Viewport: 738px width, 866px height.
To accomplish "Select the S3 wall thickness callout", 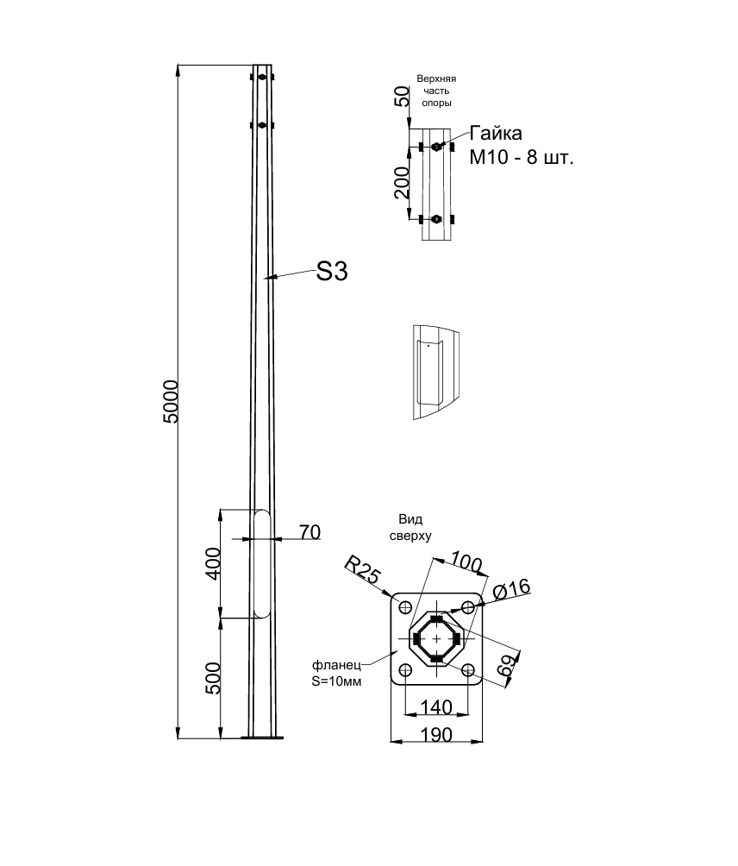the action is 332,272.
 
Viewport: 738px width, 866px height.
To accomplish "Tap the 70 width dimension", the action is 310,532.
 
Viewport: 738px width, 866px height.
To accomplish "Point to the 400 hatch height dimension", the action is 212,563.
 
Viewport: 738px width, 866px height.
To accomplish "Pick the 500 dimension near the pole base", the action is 212,678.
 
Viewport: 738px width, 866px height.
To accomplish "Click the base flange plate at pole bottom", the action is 262,737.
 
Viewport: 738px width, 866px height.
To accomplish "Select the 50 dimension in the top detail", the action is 403,96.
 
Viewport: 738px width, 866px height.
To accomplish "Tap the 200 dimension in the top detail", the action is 402,182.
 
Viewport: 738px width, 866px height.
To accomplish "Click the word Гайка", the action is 496,133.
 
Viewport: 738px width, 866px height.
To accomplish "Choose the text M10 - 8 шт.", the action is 522,158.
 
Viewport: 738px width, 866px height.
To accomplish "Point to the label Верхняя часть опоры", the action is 436,91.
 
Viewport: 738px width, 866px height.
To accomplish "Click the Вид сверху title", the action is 410,527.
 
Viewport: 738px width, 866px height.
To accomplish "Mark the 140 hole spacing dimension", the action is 436,707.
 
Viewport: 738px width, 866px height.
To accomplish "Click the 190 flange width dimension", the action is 436,735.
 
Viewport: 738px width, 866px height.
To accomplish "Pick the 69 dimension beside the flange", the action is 509,663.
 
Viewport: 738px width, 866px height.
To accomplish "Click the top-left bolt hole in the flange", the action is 404,607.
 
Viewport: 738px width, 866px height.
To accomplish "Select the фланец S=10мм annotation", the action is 337,674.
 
